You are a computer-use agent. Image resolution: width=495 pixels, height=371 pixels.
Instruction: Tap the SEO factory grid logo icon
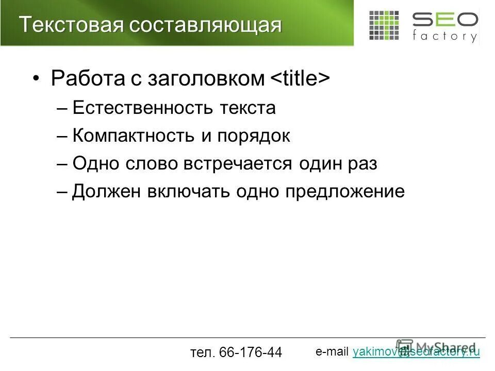coord(384,25)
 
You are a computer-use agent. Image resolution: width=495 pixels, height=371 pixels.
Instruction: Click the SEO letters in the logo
coord(444,21)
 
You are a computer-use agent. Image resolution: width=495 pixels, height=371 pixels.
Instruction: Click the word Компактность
coord(133,136)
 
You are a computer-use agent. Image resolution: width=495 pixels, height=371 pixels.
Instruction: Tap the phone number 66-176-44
coord(250,352)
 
